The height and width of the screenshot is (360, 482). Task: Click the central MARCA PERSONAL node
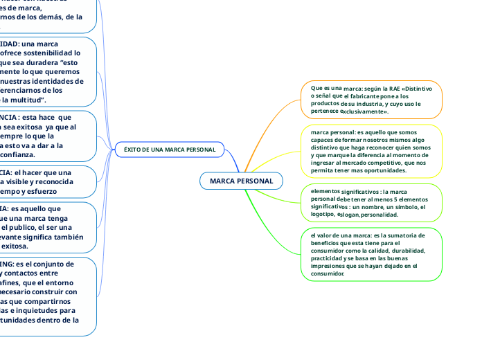(x=241, y=181)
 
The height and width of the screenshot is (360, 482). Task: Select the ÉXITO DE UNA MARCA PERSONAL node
(x=169, y=149)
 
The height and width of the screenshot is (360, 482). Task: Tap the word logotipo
(x=323, y=214)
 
